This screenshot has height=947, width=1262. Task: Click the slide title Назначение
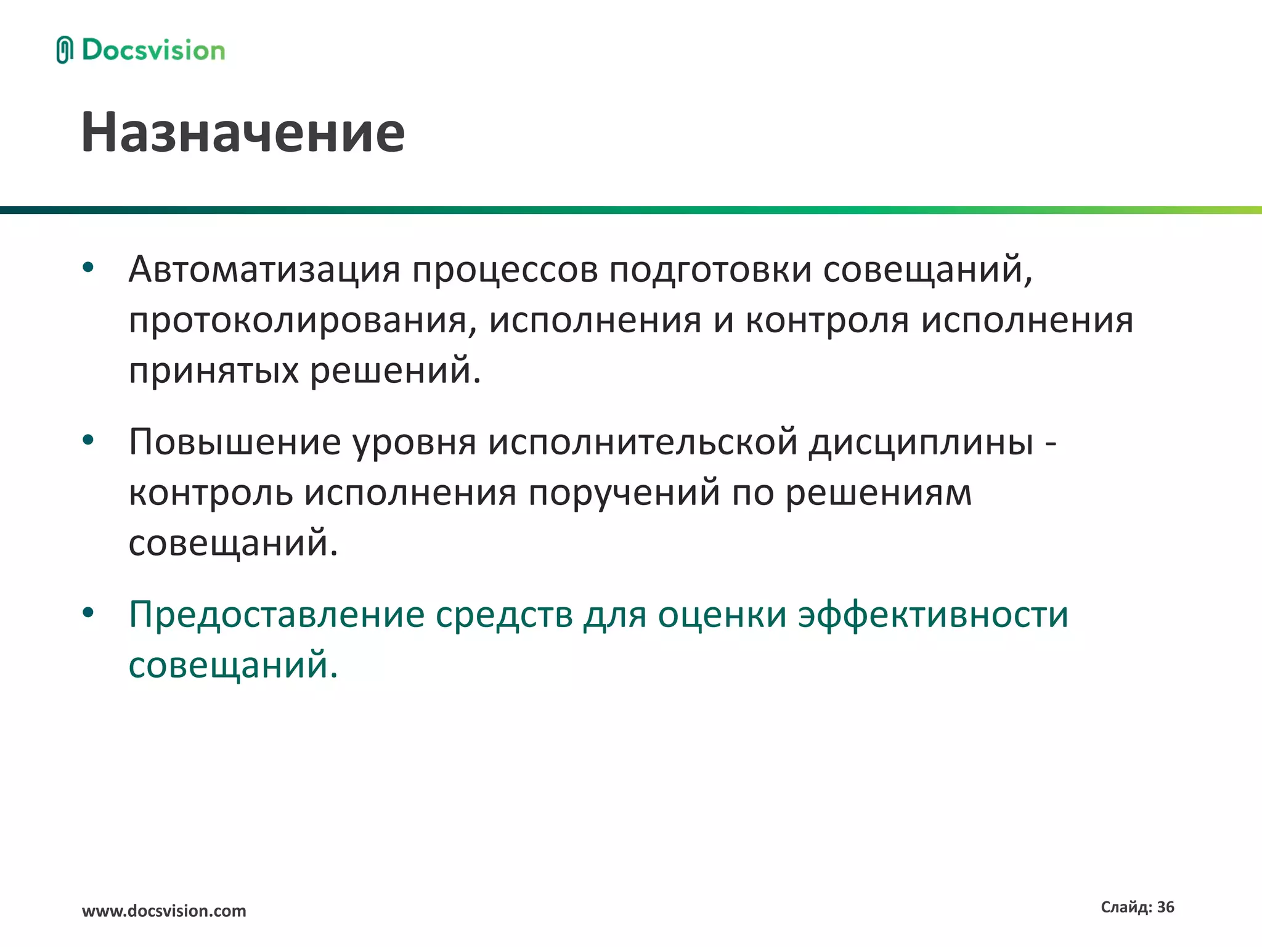(x=243, y=132)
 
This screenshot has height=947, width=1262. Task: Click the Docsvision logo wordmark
(x=153, y=51)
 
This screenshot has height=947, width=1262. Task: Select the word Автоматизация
(x=264, y=269)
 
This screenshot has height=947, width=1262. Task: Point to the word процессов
(x=505, y=271)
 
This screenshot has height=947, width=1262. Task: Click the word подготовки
(x=710, y=271)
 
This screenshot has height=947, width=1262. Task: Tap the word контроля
(x=827, y=321)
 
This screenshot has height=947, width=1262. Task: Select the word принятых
(x=214, y=371)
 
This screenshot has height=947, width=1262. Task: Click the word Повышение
(x=235, y=443)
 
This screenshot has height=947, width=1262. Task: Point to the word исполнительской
(x=643, y=443)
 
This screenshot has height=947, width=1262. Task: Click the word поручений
(x=624, y=494)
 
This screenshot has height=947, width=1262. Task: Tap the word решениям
(x=879, y=494)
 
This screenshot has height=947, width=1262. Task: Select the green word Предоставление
(x=277, y=615)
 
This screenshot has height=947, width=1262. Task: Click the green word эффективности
(x=933, y=615)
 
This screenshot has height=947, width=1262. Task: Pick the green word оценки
(x=722, y=615)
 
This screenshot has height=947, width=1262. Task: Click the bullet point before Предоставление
(x=88, y=612)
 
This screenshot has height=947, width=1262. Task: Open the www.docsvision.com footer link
(x=164, y=911)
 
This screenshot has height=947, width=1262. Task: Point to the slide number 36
(x=1165, y=907)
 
